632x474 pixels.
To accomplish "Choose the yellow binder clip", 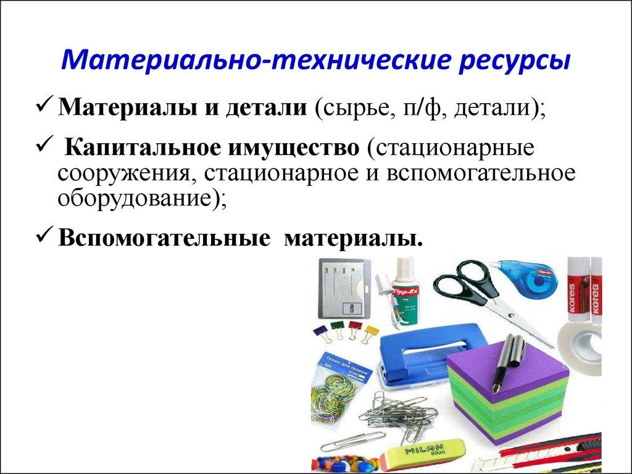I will point(370,331).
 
